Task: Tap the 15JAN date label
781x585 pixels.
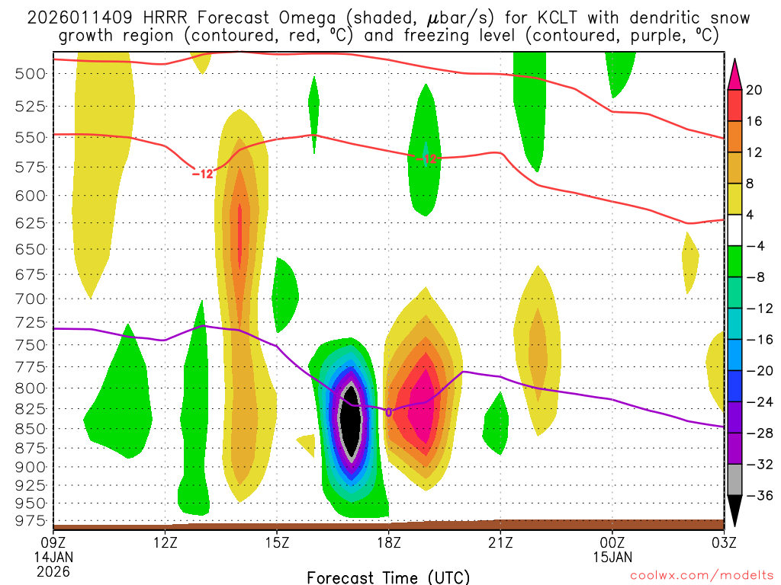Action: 612,557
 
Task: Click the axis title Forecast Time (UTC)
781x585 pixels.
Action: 389,577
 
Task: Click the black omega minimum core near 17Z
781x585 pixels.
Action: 351,421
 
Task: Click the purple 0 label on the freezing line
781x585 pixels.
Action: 388,412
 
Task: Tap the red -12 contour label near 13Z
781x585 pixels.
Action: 202,174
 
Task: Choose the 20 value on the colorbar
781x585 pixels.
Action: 754,90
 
